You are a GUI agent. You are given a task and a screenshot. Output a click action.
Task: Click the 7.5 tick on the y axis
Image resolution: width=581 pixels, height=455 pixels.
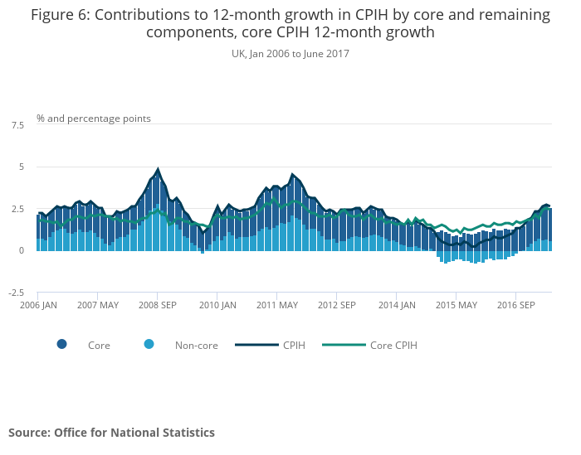click(x=17, y=125)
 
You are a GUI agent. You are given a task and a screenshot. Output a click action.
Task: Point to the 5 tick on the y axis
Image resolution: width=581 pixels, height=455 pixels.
click(x=20, y=167)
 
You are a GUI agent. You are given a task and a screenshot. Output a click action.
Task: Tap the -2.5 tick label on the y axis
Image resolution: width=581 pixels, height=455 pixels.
click(x=17, y=293)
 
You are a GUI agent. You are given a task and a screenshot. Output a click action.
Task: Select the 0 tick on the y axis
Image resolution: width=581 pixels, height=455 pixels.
click(x=20, y=251)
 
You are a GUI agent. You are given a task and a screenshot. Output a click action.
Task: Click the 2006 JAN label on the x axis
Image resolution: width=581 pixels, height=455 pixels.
click(x=37, y=305)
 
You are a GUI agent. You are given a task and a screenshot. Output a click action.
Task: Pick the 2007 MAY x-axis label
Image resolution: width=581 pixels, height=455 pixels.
click(x=97, y=305)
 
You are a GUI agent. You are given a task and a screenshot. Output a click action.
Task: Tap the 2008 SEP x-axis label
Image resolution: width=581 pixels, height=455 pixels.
click(x=157, y=305)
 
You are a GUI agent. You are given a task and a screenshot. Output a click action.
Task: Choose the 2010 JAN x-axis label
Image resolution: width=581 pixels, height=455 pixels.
click(x=217, y=305)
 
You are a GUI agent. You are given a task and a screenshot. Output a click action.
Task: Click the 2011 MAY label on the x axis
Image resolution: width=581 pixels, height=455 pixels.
click(x=277, y=305)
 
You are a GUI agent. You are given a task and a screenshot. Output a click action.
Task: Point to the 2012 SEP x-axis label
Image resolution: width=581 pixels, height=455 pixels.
click(x=337, y=305)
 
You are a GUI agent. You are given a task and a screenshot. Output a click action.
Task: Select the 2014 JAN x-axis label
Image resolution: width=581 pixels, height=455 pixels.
click(x=397, y=305)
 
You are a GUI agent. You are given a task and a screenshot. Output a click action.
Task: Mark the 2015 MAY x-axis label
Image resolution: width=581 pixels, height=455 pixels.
click(x=456, y=305)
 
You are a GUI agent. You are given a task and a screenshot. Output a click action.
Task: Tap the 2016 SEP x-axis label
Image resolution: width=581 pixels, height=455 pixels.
click(x=516, y=305)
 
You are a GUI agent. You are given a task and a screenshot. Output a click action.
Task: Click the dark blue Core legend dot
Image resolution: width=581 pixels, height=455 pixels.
click(x=62, y=345)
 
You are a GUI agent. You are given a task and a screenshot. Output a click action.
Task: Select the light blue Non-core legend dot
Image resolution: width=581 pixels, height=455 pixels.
click(x=149, y=345)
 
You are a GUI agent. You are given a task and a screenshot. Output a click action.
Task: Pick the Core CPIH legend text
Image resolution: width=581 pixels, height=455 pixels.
click(x=393, y=346)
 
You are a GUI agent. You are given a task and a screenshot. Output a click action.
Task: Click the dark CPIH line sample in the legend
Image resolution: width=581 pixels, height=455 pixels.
click(x=253, y=345)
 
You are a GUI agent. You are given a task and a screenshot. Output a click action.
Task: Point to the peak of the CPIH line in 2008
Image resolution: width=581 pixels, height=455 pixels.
click(x=158, y=169)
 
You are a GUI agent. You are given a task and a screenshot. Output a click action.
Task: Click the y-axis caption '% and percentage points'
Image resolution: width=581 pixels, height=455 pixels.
click(x=94, y=119)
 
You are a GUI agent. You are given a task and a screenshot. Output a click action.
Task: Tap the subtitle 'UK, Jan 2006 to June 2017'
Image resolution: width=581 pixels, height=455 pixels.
click(x=290, y=54)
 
